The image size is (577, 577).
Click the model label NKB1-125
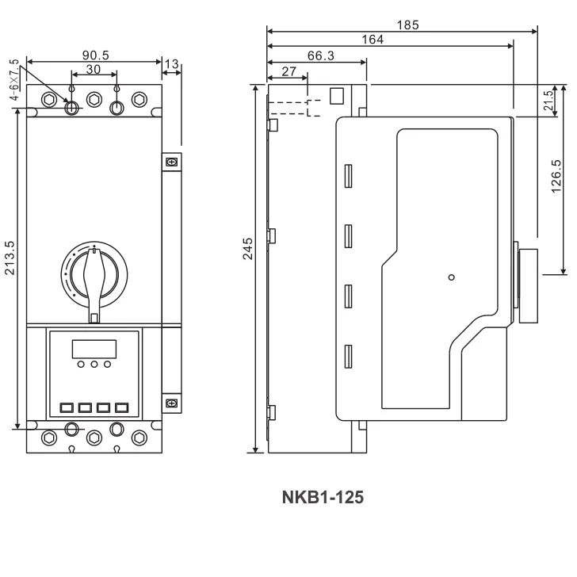click(323, 498)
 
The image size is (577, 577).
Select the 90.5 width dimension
click(95, 55)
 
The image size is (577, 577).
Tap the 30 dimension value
click(94, 70)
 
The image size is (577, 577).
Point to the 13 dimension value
click(172, 63)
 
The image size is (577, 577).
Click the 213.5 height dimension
click(10, 258)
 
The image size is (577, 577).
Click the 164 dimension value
click(373, 40)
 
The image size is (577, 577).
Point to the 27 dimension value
click(288, 71)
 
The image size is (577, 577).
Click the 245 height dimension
click(248, 247)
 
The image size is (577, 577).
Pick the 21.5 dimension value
click(548, 101)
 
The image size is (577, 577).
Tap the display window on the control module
click(94, 348)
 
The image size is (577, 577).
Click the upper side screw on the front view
click(171, 162)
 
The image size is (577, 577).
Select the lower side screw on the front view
click(171, 403)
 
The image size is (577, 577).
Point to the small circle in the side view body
click(451, 277)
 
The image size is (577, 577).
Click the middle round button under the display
click(94, 365)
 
